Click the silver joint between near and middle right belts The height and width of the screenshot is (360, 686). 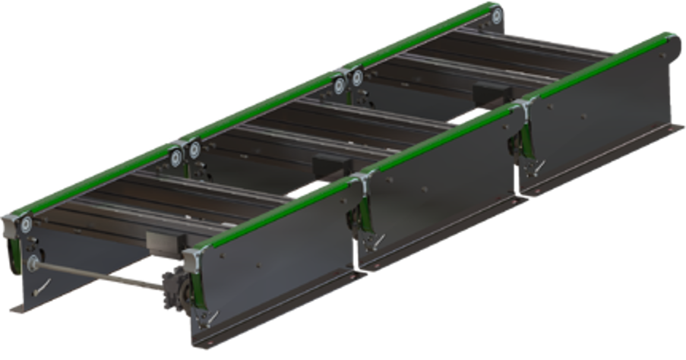362,177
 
